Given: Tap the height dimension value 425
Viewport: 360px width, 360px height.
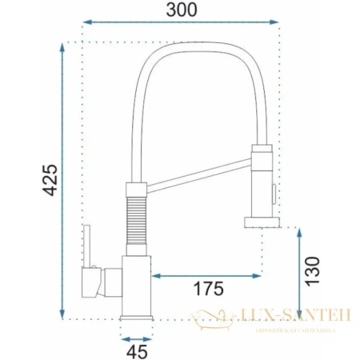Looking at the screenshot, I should pyautogui.click(x=50, y=182).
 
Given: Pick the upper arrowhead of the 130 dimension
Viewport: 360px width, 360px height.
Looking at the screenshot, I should pyautogui.click(x=298, y=232).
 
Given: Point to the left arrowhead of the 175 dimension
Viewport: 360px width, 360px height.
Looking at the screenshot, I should pyautogui.click(x=154, y=275).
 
